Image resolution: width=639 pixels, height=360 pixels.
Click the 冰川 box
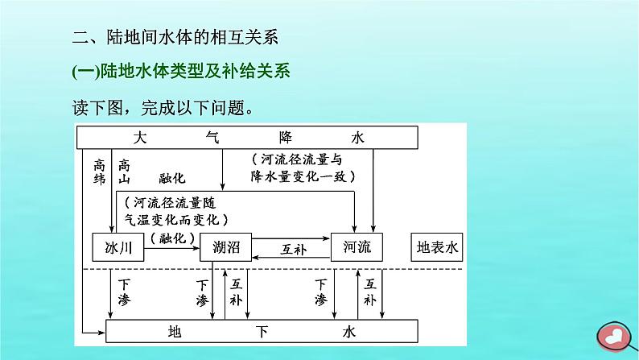pos(117,248)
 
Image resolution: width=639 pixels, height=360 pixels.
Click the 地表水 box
pos(438,248)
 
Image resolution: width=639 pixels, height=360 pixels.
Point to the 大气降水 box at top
pos(247,138)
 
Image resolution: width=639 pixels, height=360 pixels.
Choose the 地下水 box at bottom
pos(262,331)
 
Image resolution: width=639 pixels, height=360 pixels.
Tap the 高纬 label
pos(100,170)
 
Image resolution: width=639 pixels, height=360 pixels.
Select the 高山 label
pos(124,170)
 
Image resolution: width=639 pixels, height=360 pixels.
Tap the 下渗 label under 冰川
pos(124,292)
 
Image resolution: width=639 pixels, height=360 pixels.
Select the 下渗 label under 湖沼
pos(202,292)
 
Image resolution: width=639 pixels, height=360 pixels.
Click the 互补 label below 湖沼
pos(236,292)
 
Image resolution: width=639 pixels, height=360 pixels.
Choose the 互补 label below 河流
pos(369,292)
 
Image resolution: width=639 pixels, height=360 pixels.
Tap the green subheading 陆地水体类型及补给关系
pos(180,72)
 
